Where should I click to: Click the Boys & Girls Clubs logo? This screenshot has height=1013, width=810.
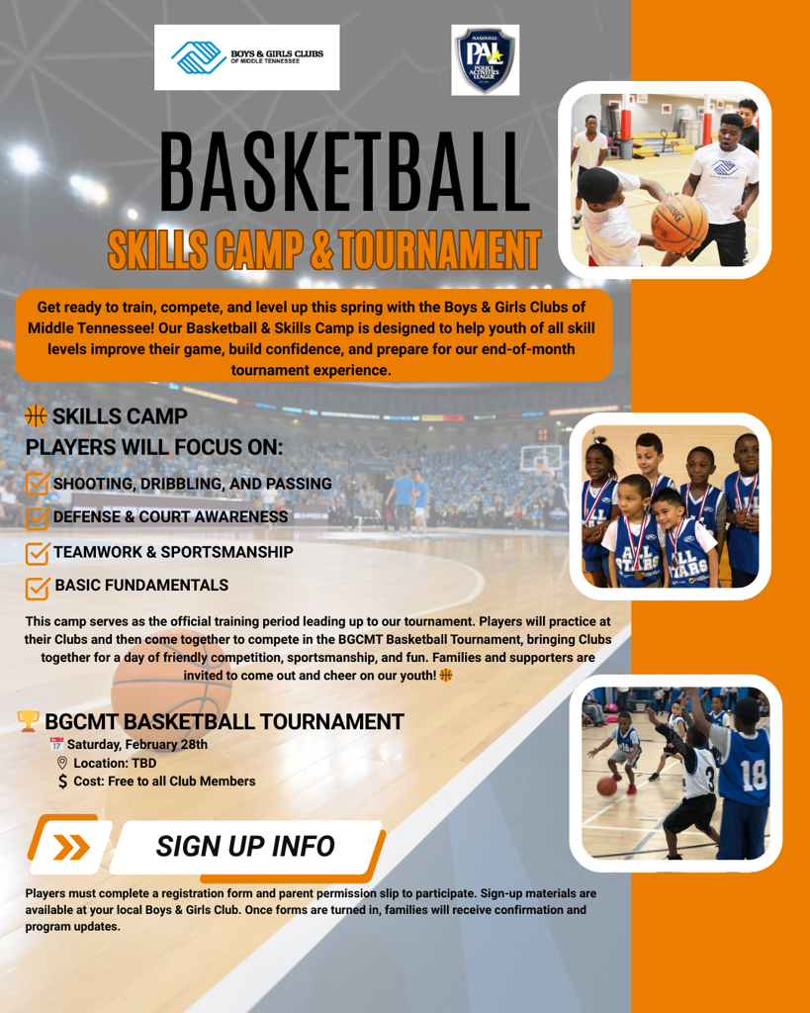[x=253, y=57]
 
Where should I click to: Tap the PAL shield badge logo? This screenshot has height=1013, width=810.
[x=485, y=61]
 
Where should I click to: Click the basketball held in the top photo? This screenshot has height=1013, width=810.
[x=680, y=224]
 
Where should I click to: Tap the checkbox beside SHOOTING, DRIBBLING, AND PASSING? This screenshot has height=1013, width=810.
[x=38, y=484]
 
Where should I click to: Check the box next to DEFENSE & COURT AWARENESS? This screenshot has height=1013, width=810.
[x=38, y=517]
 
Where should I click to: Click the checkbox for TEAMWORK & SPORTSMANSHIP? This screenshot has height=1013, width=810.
[x=38, y=552]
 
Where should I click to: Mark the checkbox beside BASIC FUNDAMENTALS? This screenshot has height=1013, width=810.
[x=38, y=587]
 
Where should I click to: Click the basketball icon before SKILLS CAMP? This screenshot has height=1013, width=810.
[x=37, y=416]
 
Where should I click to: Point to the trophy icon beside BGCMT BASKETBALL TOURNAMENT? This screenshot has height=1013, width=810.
[x=29, y=721]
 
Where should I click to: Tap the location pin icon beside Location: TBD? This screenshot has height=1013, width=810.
[x=62, y=763]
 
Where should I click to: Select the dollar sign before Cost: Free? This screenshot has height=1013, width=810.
[x=63, y=782]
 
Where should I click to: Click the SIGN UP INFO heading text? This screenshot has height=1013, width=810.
[x=245, y=847]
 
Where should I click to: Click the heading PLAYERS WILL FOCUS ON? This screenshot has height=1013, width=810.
[x=154, y=447]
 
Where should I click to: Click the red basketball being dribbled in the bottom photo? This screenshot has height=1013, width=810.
[x=606, y=785]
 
